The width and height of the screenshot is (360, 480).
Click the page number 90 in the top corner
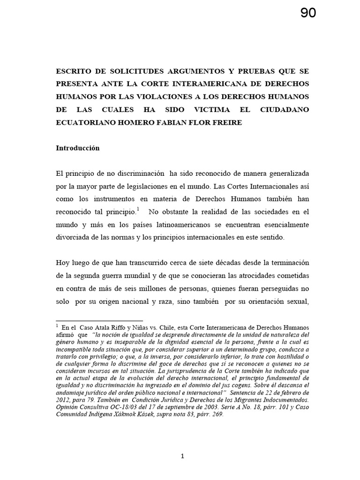(308, 14)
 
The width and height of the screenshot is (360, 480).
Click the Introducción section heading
(78, 148)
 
